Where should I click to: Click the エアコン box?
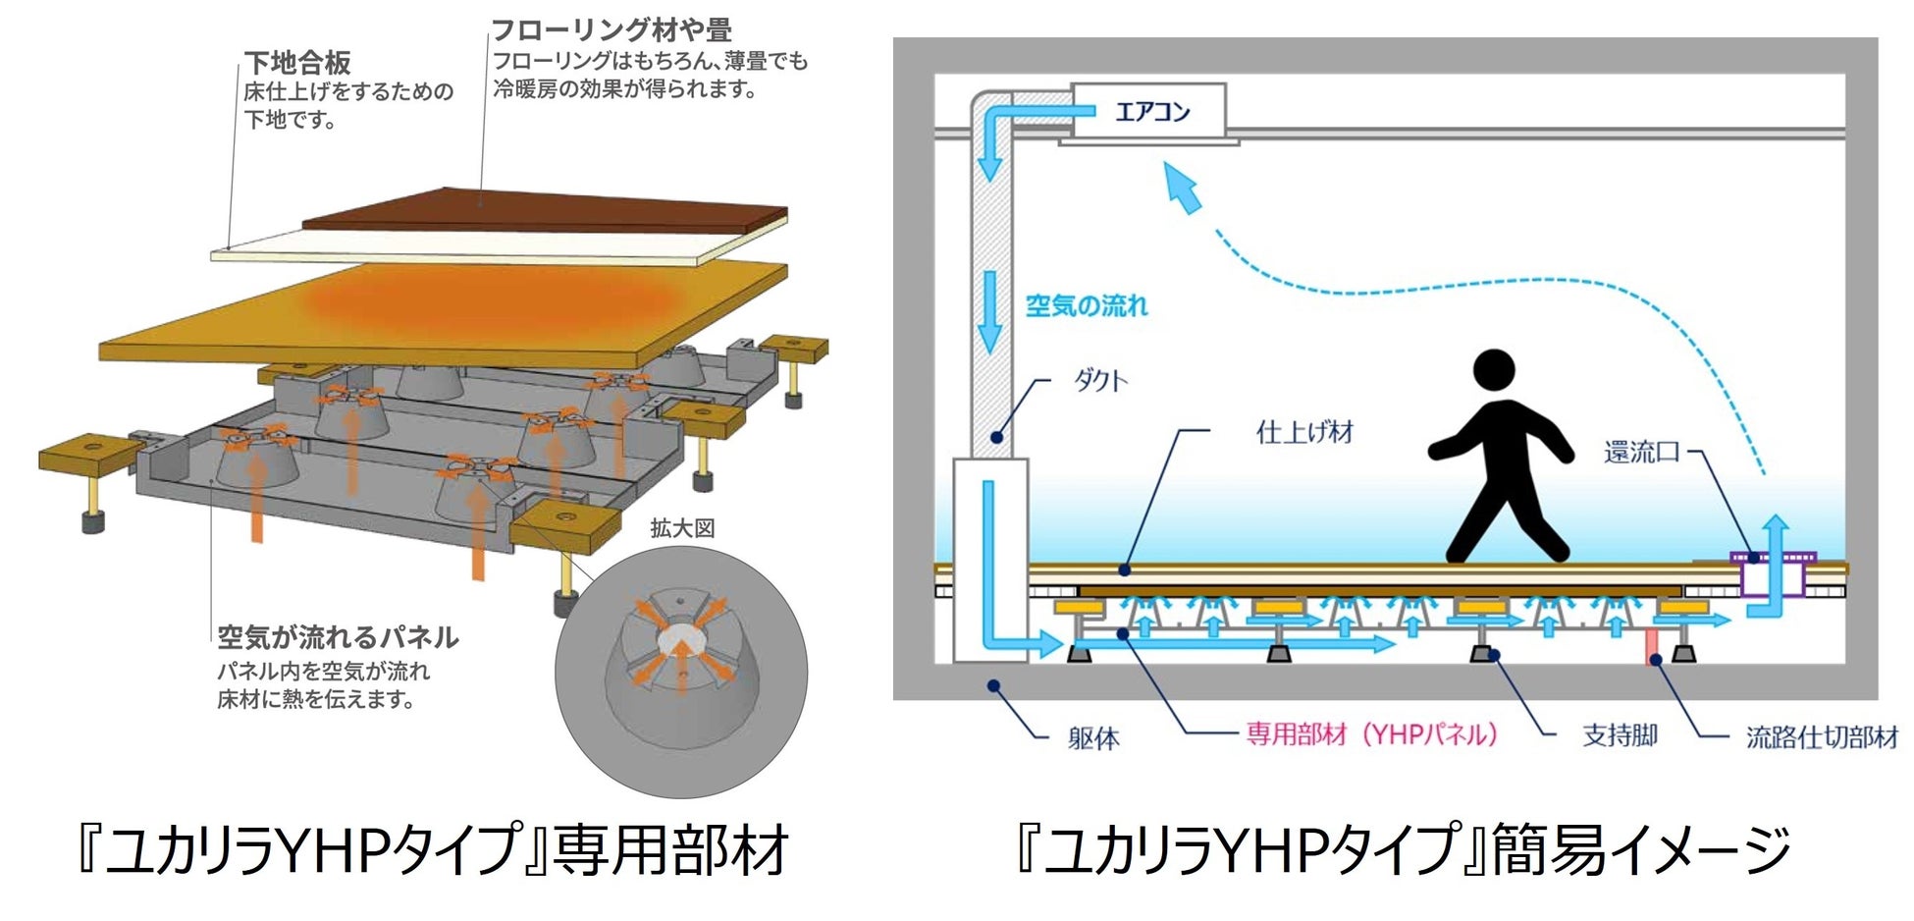[x=1148, y=111]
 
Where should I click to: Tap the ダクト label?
[x=1100, y=381]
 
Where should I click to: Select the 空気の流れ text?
[x=1087, y=306]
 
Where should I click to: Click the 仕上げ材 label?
[x=1304, y=432]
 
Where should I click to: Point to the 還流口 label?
[x=1642, y=453]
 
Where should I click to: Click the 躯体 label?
[x=1093, y=738]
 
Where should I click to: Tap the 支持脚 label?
[x=1620, y=735]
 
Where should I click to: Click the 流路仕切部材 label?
[x=1822, y=737]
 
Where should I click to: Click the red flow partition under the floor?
[x=1653, y=645]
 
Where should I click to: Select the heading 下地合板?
[x=297, y=64]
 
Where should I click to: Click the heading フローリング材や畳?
[x=611, y=30]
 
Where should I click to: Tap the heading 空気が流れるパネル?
[x=338, y=638]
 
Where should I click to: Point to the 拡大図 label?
[x=682, y=528]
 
